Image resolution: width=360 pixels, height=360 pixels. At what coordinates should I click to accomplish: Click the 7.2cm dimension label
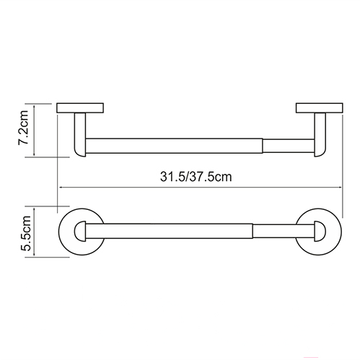(x=24, y=128)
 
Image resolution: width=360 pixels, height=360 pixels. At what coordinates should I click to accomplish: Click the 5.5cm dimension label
(x=25, y=233)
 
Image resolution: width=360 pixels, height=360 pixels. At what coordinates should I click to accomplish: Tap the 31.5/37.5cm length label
(x=196, y=177)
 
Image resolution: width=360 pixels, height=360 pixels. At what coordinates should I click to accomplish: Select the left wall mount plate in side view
(x=80, y=108)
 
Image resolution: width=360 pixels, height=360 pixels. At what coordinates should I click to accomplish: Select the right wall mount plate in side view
(x=320, y=108)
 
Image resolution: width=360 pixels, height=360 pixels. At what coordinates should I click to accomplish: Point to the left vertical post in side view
(x=80, y=135)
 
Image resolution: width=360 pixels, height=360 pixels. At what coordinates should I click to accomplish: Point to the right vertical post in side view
(x=320, y=135)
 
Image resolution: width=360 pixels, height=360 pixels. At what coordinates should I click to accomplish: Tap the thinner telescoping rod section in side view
(x=289, y=146)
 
